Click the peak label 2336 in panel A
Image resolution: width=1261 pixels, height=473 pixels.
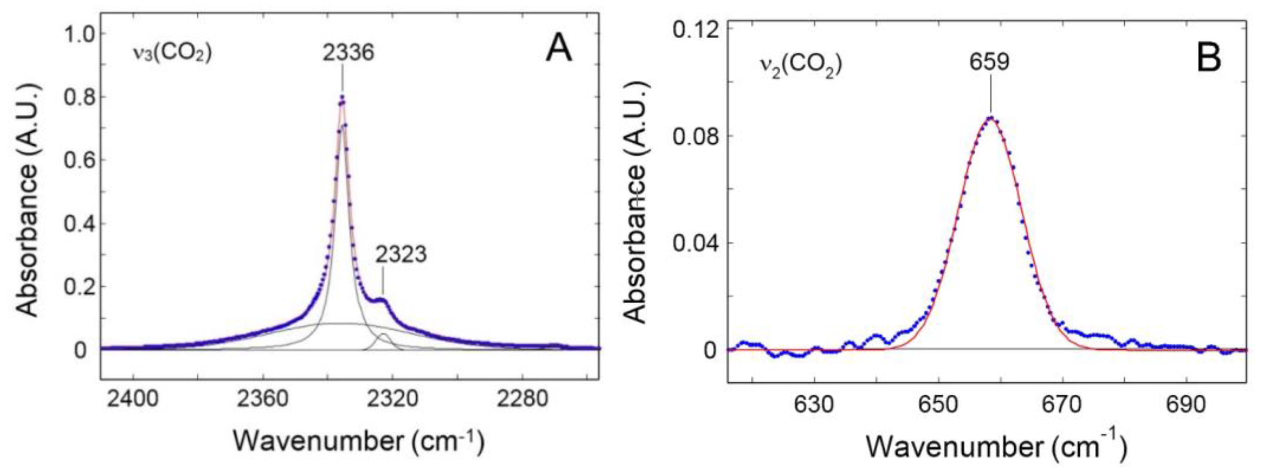point(348,53)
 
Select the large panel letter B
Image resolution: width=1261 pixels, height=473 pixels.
point(1208,59)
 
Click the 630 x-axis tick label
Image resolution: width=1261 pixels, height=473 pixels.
point(814,406)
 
